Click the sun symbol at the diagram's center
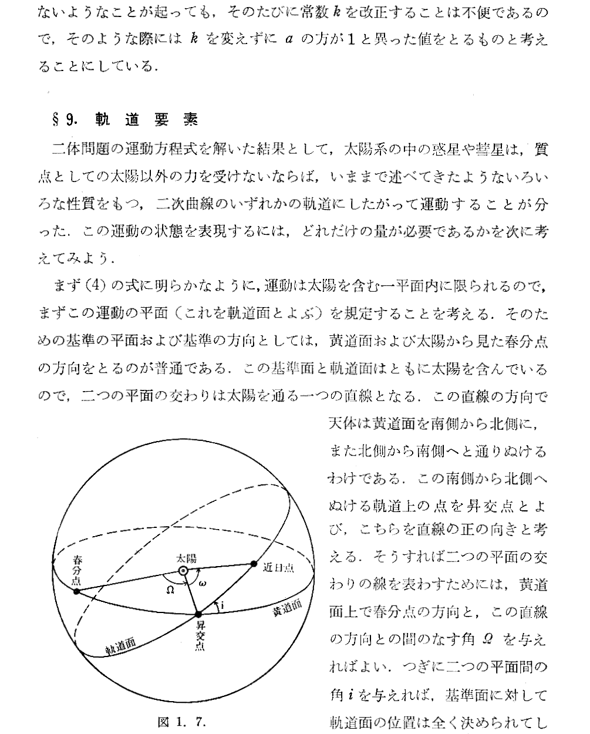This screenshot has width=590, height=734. [x=183, y=571]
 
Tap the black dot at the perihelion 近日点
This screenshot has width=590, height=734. [x=254, y=564]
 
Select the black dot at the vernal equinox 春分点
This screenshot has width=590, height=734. [x=76, y=591]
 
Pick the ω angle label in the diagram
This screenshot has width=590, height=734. [x=203, y=583]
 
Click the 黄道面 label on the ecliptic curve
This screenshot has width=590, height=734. [x=286, y=609]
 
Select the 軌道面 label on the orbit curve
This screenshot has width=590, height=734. [x=120, y=646]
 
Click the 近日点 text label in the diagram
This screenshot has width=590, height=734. [x=279, y=568]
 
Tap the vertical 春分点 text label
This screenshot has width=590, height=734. [x=76, y=568]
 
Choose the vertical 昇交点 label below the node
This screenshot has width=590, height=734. [x=200, y=636]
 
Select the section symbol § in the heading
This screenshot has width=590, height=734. [x=57, y=120]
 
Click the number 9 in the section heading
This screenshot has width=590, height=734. [x=70, y=120]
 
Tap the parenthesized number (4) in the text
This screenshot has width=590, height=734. [x=95, y=287]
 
